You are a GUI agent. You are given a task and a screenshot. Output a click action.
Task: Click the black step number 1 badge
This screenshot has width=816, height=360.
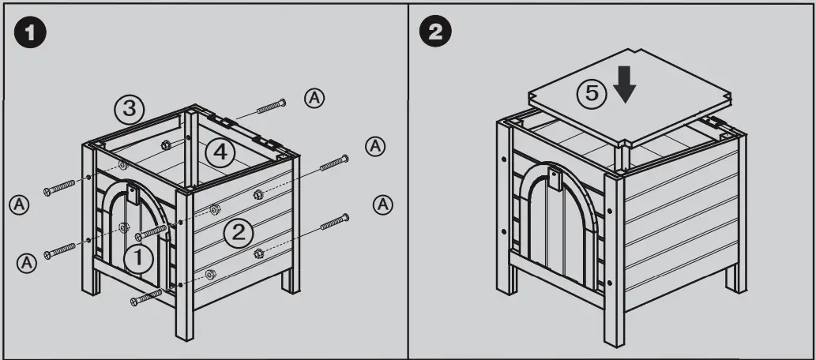click(x=32, y=33)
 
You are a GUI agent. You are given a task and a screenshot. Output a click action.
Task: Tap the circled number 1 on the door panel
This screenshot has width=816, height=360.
click(x=137, y=257)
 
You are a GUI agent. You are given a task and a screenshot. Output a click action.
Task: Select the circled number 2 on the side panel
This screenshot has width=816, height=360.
click(x=239, y=231)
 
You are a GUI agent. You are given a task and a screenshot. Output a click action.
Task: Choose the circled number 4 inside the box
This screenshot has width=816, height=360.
click(x=221, y=152)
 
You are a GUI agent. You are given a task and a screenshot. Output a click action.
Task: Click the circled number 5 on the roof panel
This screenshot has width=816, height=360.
click(x=591, y=94)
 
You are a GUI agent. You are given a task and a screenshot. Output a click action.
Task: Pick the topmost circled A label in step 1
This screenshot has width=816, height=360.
click(x=314, y=97)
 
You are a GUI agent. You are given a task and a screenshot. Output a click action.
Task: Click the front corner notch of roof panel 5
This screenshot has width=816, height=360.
click(x=622, y=146)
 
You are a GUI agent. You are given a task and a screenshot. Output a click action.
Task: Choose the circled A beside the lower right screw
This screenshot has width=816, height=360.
click(x=382, y=204)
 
